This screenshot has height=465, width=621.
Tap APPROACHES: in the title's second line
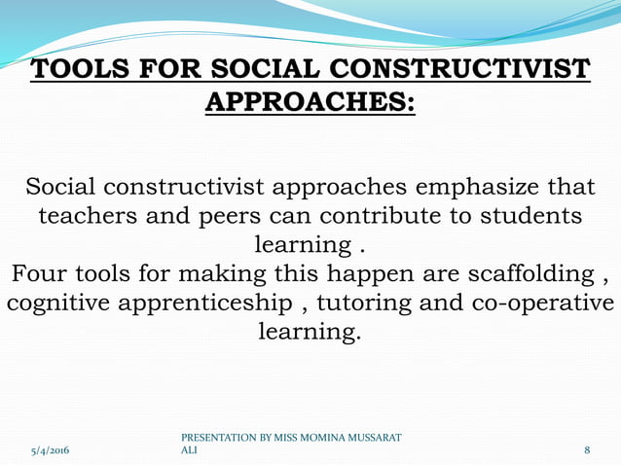[310, 102]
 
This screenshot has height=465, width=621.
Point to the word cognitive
[58, 304]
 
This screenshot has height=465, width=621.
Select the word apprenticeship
[204, 304]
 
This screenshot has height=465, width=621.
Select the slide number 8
[587, 450]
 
